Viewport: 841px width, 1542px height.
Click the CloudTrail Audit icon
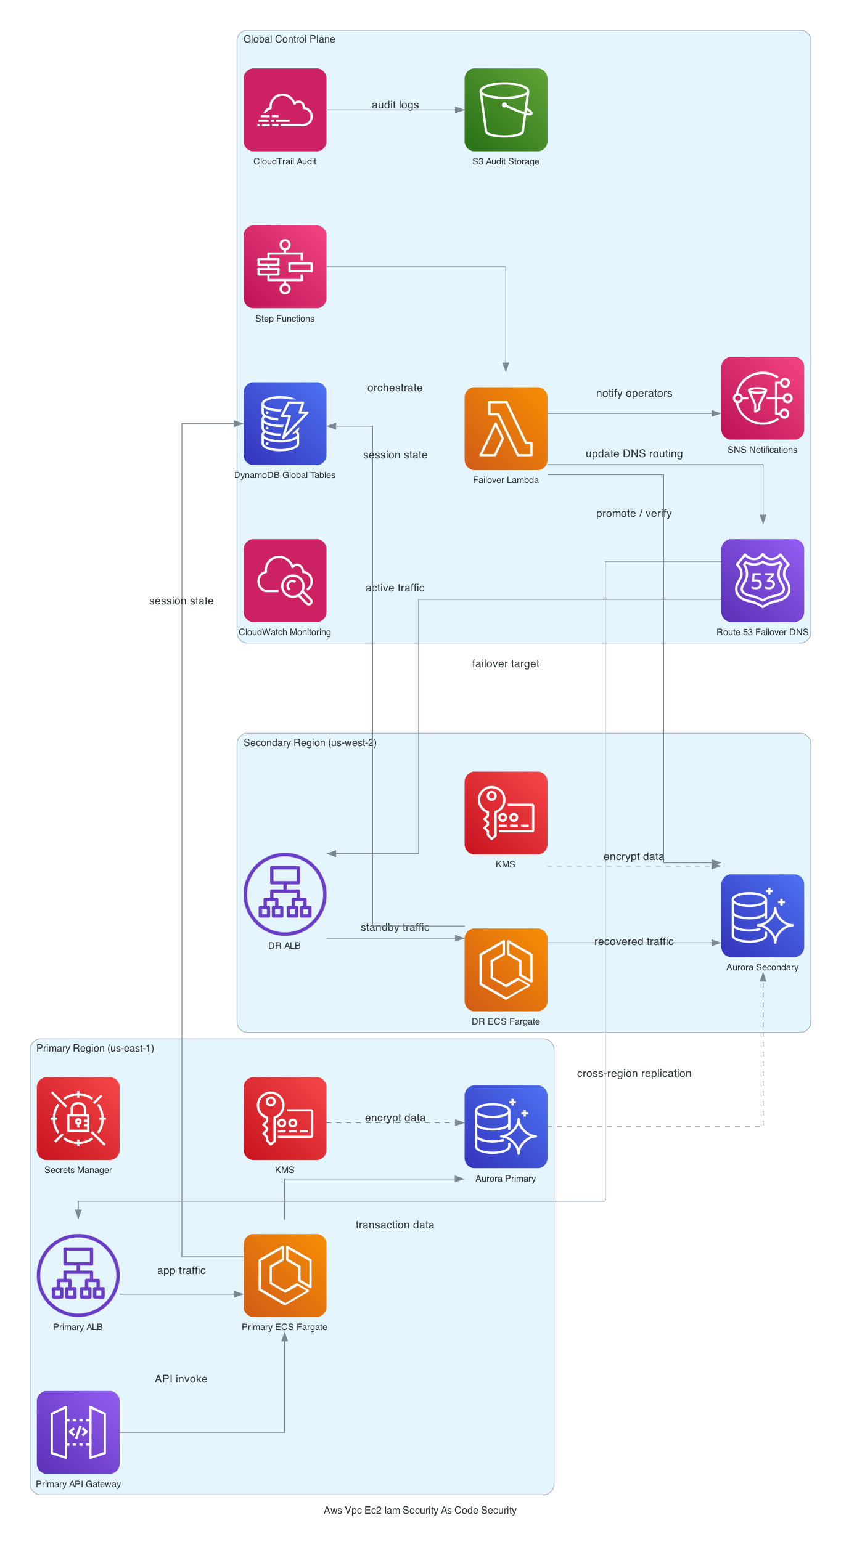pos(285,110)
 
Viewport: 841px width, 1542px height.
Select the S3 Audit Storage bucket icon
pos(506,110)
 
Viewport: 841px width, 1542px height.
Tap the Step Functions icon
pos(285,267)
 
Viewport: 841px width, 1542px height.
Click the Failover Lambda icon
pos(506,428)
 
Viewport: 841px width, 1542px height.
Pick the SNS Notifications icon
pos(762,398)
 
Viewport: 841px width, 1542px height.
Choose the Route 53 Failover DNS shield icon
pos(762,580)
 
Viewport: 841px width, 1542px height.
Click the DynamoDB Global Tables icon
pos(285,423)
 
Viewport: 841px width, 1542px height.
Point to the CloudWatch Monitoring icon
pos(285,580)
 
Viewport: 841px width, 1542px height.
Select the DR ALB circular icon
pos(285,894)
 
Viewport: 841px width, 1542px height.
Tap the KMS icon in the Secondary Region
pos(506,813)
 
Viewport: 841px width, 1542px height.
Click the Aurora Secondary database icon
pos(762,915)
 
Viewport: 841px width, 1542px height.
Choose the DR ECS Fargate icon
pos(506,970)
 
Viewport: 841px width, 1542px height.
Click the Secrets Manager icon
pos(78,1118)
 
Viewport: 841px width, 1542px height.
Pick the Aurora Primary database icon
pos(506,1127)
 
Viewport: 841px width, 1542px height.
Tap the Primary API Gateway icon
pos(78,1432)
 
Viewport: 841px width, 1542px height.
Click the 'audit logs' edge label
pos(395,105)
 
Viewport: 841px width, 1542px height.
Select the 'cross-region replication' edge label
pos(634,1073)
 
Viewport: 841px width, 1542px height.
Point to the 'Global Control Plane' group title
pos(289,39)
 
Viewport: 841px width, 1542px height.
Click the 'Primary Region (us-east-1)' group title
pos(95,1048)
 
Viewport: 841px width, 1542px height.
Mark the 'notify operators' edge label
pos(634,393)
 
